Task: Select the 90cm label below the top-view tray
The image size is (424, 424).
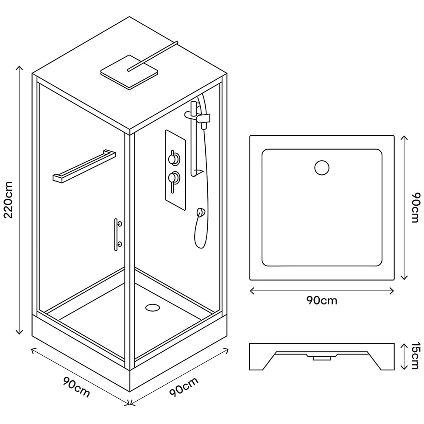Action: coord(322,301)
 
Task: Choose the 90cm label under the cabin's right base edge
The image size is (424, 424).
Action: coord(184,387)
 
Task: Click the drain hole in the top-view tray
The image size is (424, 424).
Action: coord(322,168)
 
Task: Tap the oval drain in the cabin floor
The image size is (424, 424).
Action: coord(151,307)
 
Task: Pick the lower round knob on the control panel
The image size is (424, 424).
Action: coord(173,176)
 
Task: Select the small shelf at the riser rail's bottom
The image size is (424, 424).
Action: coord(198,172)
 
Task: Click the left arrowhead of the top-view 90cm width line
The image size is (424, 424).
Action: coord(252,291)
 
